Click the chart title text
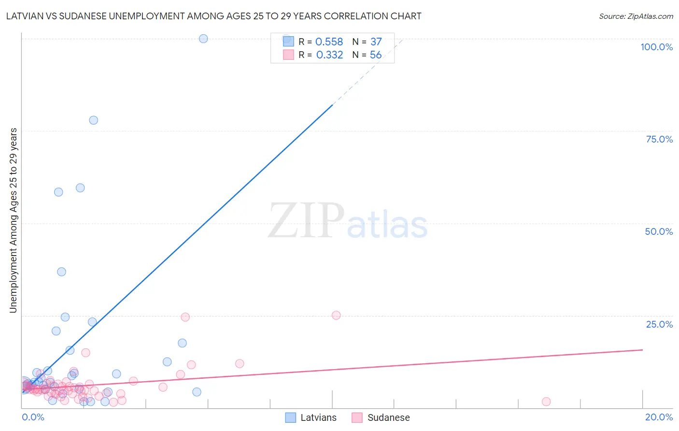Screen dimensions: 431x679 click(x=213, y=16)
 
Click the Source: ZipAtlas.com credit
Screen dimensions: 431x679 click(x=636, y=16)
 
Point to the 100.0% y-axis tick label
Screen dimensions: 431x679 click(x=656, y=47)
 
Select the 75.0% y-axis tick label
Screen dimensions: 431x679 click(x=659, y=139)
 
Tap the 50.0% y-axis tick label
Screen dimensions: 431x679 click(x=659, y=231)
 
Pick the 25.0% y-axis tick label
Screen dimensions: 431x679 click(x=659, y=324)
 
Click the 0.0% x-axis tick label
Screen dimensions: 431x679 click(x=33, y=417)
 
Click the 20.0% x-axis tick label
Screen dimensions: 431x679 click(x=659, y=417)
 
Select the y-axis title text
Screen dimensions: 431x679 click(x=14, y=220)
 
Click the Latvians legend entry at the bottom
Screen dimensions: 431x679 click(x=311, y=417)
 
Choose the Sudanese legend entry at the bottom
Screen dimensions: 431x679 click(x=381, y=417)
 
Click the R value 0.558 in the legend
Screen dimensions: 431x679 click(x=329, y=42)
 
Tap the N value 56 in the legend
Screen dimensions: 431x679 click(x=376, y=55)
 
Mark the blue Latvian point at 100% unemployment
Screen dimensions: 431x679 click(x=203, y=39)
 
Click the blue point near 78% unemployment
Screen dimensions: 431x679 click(x=94, y=120)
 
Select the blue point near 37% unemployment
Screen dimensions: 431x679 click(x=62, y=272)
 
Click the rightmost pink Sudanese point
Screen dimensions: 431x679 click(x=546, y=402)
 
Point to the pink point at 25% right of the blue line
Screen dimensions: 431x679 click(x=336, y=315)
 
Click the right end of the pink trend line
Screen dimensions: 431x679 click(x=642, y=349)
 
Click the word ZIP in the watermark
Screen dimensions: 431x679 click(x=306, y=221)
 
